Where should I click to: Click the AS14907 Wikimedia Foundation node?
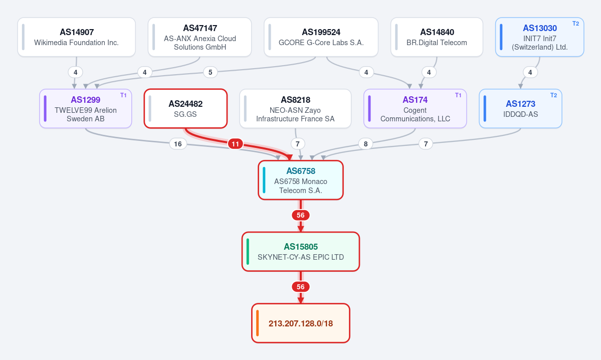pyautogui.click(x=76, y=37)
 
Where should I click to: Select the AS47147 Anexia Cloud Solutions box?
pyautogui.click(x=199, y=37)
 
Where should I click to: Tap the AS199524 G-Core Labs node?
pyautogui.click(x=321, y=37)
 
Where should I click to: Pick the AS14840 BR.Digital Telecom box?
pyautogui.click(x=437, y=37)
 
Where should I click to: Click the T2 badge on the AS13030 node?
pyautogui.click(x=576, y=24)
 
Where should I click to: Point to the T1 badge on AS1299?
pyautogui.click(x=123, y=95)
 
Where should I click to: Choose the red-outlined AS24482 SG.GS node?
pyautogui.click(x=185, y=108)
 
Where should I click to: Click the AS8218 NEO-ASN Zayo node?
pyautogui.click(x=295, y=108)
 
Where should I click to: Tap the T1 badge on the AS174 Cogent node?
pyautogui.click(x=459, y=95)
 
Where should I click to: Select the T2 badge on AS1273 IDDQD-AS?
pyautogui.click(x=554, y=95)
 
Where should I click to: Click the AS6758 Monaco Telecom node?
pyautogui.click(x=301, y=180)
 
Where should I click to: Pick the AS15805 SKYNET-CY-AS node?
pyautogui.click(x=301, y=252)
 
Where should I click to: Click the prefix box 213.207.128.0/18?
pyautogui.click(x=301, y=323)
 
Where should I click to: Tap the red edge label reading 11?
pyautogui.click(x=236, y=144)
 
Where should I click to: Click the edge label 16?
pyautogui.click(x=178, y=144)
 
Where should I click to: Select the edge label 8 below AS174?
pyautogui.click(x=365, y=144)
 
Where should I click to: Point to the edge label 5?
pyautogui.click(x=210, y=72)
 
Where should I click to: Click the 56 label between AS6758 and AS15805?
pyautogui.click(x=301, y=216)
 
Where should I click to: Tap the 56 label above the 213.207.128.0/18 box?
pyautogui.click(x=301, y=287)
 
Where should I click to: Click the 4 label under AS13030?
pyautogui.click(x=530, y=72)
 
